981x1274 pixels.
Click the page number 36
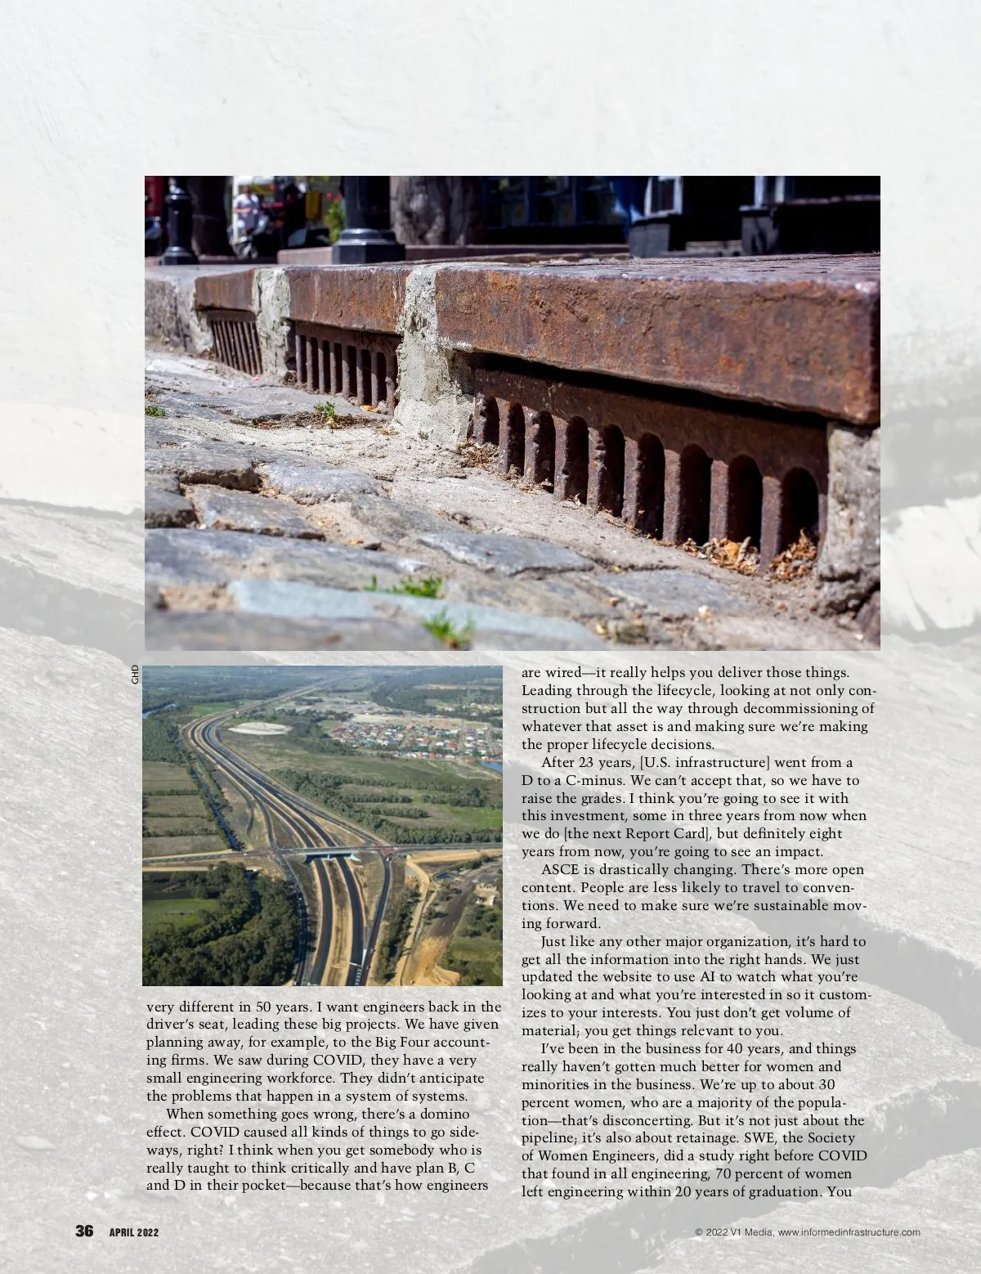pos(85,1231)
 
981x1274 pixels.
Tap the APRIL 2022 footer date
pos(134,1233)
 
